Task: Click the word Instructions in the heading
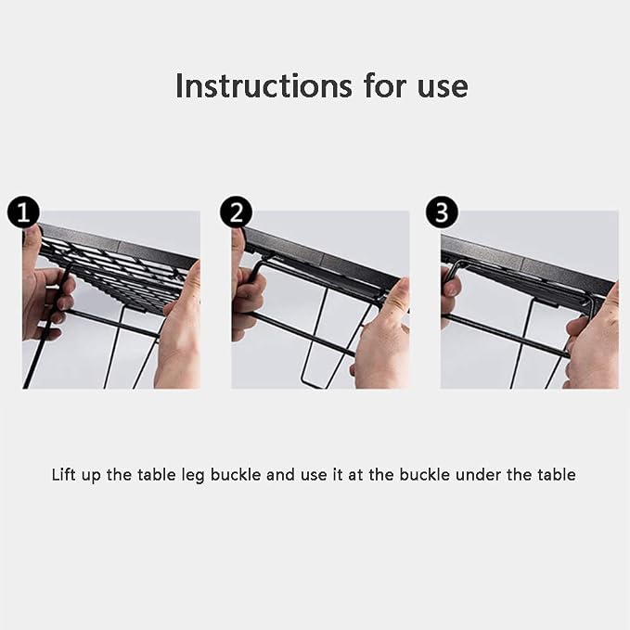click(x=264, y=85)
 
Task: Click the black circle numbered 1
click(x=23, y=212)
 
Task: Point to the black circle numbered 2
click(x=236, y=212)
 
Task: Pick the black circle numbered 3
click(x=442, y=212)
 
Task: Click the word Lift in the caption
click(x=64, y=474)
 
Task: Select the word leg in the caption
click(x=193, y=476)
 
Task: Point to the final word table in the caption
click(x=557, y=474)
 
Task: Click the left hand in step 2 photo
click(x=247, y=289)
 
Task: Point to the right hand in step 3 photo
click(x=593, y=341)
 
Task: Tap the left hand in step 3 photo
click(x=450, y=297)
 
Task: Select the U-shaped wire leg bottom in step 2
click(x=317, y=382)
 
